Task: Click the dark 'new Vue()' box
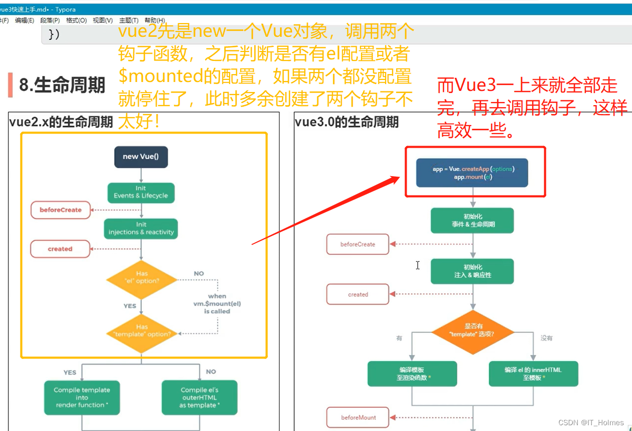(141, 157)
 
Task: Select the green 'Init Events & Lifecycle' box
(141, 192)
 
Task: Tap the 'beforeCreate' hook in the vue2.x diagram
(60, 210)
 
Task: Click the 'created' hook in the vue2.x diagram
(60, 249)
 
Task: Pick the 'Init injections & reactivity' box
(141, 229)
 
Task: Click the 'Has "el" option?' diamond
(141, 278)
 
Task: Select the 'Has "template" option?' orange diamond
(141, 331)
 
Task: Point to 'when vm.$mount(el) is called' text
(217, 304)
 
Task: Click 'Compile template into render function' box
(82, 398)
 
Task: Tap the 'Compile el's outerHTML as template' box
(199, 398)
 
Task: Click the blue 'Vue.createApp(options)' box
(473, 173)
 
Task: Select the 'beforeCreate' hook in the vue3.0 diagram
(358, 244)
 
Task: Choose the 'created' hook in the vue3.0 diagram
(358, 294)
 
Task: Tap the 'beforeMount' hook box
(358, 417)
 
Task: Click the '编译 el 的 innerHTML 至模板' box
(533, 374)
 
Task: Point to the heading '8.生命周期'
(62, 86)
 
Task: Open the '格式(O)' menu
(76, 20)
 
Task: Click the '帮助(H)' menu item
(154, 20)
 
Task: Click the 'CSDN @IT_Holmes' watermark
(590, 423)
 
